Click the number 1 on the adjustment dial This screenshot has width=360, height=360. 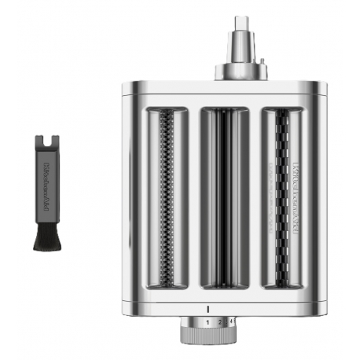tap(207, 323)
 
